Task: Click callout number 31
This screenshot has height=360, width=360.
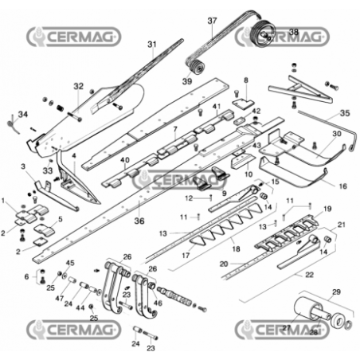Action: (x=152, y=44)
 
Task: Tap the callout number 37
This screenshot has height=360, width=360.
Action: (x=212, y=21)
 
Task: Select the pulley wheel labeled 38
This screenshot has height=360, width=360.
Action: (x=260, y=34)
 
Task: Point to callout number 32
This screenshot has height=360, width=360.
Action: (x=78, y=86)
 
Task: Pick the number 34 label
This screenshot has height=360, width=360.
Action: (x=22, y=115)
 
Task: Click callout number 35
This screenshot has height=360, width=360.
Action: (x=344, y=114)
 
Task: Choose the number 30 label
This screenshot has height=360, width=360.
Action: (x=336, y=133)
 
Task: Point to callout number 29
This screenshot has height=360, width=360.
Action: (x=335, y=292)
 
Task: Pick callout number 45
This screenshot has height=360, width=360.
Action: (x=70, y=264)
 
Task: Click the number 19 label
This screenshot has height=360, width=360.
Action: (x=327, y=209)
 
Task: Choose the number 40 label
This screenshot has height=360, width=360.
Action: (x=125, y=160)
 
